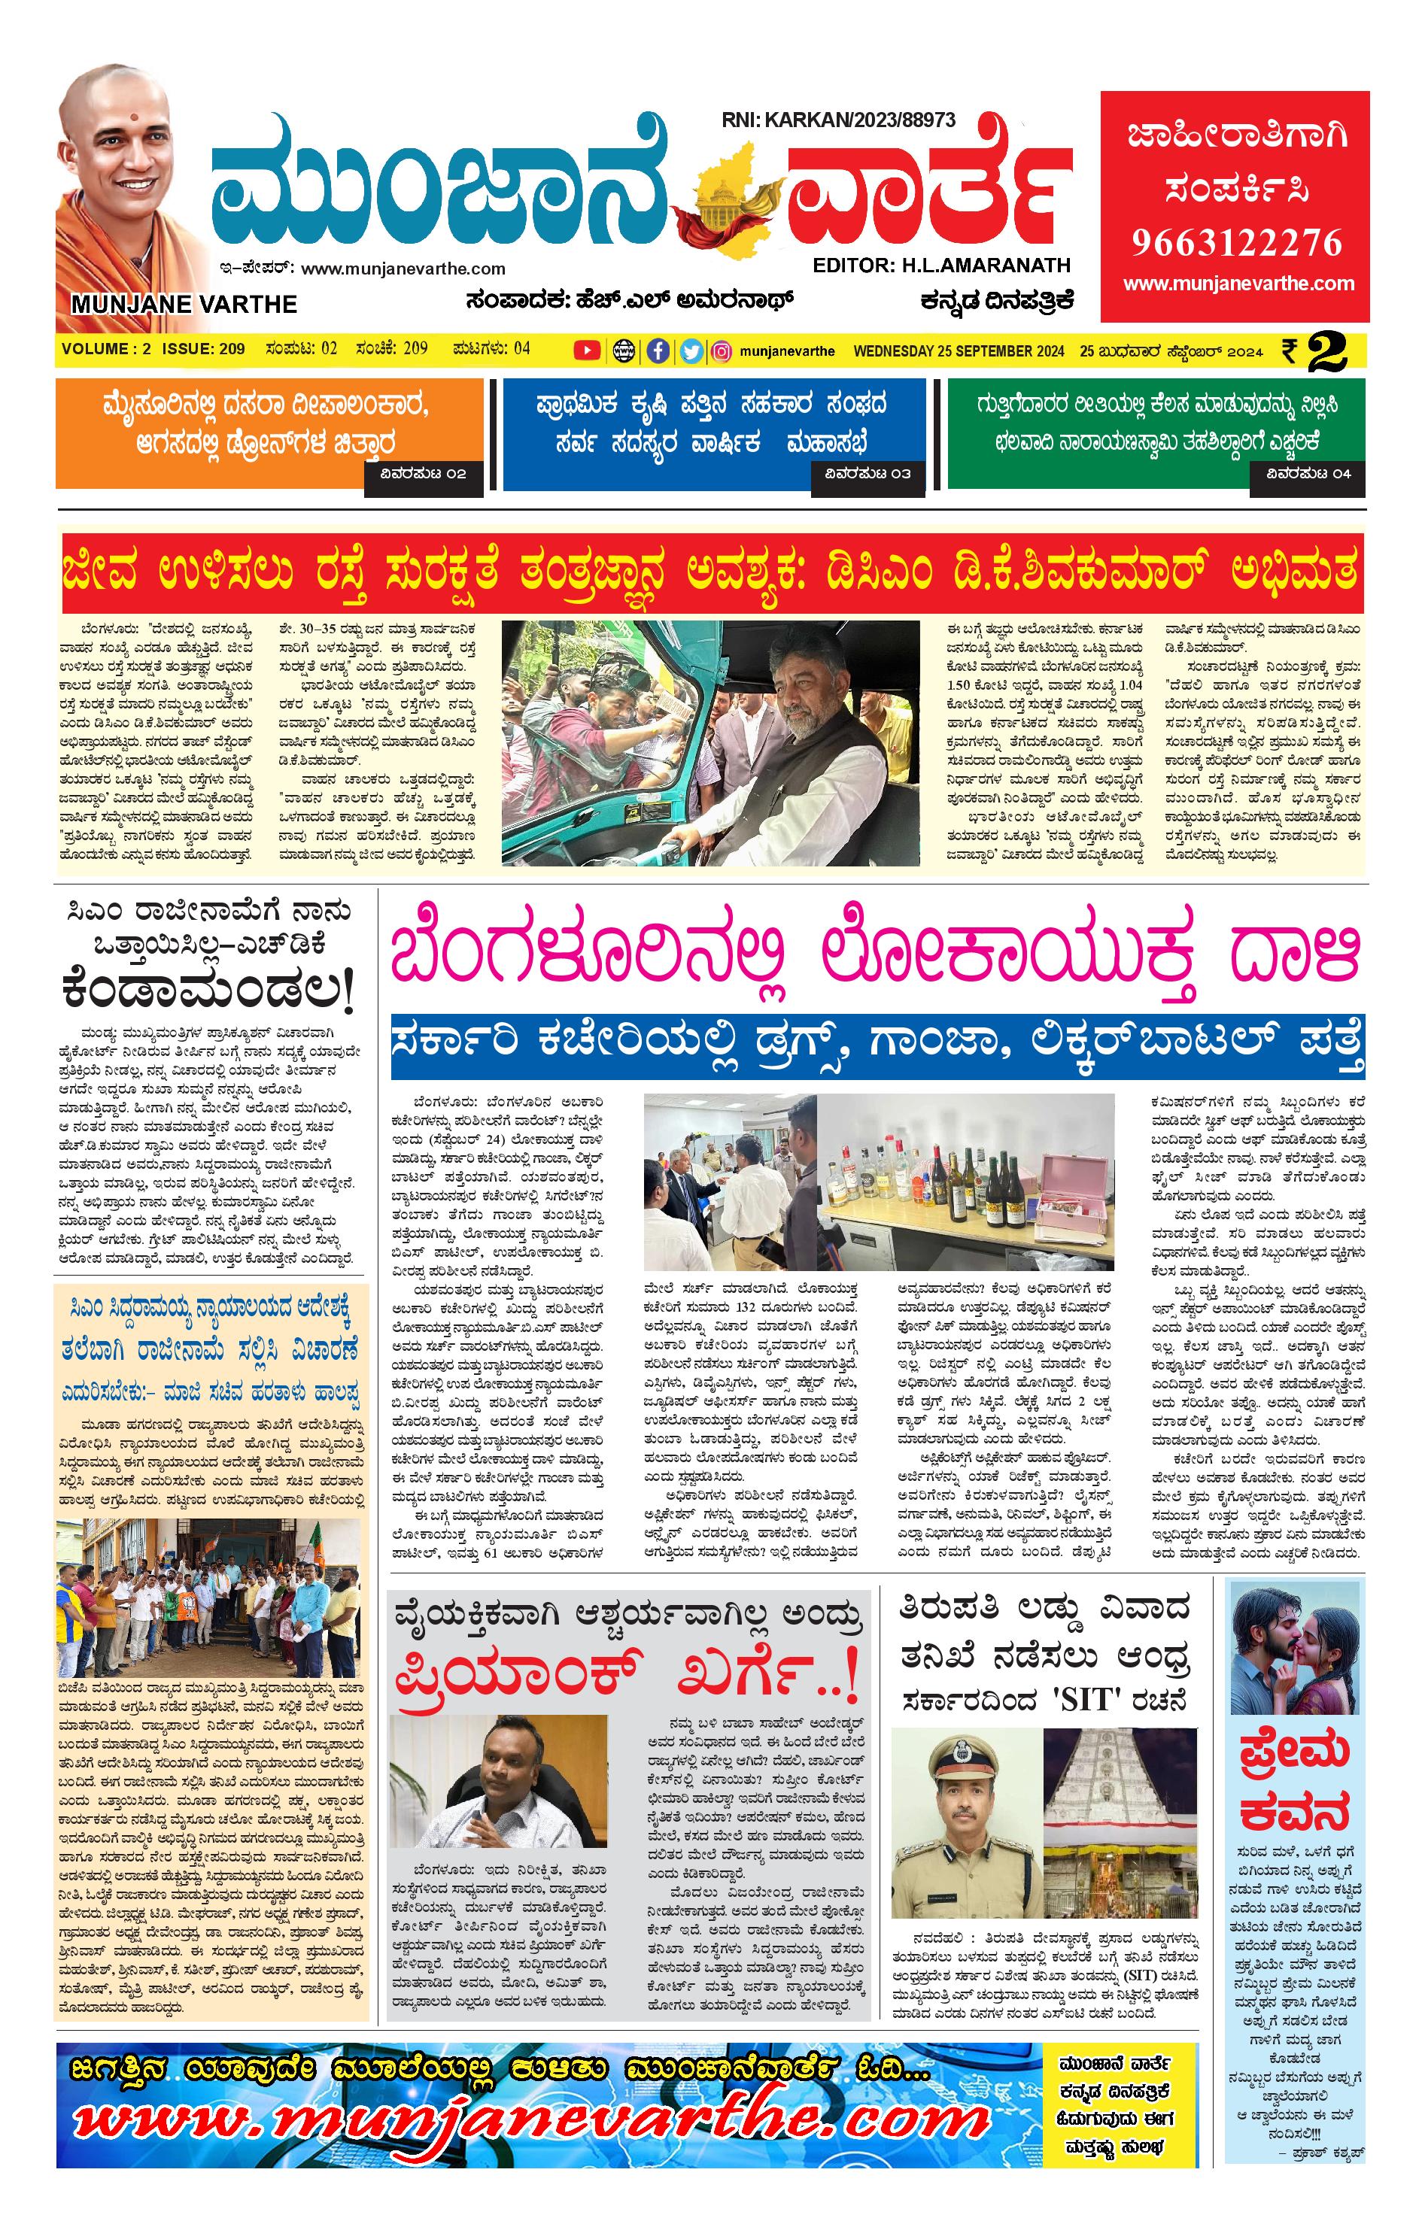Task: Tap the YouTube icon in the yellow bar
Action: pos(586,350)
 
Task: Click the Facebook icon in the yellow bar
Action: pos(658,350)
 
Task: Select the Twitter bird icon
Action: pos(691,350)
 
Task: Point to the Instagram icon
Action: pos(722,350)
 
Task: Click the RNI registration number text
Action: pos(838,120)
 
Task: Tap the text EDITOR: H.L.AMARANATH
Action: pos(941,265)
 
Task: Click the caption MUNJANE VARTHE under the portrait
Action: pos(184,305)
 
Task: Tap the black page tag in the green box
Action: pos(1308,475)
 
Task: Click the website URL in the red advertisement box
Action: pos(1238,284)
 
